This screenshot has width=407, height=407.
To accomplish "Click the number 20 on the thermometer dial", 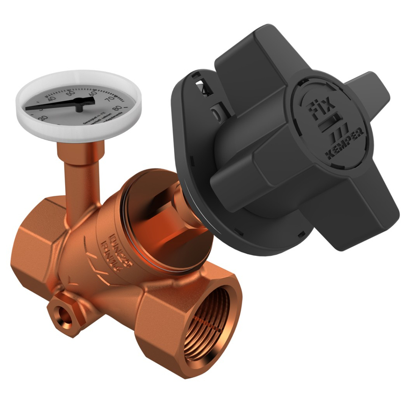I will [42, 118].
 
